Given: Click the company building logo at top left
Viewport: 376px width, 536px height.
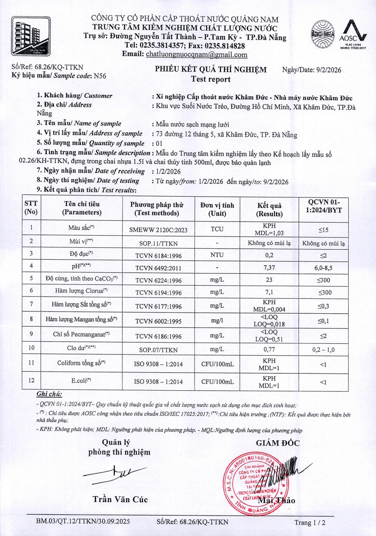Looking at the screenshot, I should (31, 36).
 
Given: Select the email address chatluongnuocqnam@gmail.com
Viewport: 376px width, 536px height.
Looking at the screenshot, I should (196, 55).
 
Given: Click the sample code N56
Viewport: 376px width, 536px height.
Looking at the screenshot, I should (100, 76).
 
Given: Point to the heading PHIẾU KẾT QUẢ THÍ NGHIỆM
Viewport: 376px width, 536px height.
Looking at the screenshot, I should (211, 69).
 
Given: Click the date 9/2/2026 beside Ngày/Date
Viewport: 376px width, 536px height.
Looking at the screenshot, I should (328, 70).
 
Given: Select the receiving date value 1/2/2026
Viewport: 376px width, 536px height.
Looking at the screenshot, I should (168, 172).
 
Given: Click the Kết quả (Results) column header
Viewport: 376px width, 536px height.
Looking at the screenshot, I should (269, 209).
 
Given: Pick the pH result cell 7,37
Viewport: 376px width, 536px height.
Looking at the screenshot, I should (269, 268).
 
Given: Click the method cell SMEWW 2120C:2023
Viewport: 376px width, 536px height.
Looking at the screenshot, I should (158, 230).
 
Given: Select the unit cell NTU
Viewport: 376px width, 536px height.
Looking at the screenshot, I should (217, 255).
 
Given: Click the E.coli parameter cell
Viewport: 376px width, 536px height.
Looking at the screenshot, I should (81, 381).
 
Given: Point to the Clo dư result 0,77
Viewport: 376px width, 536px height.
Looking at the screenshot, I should (269, 349).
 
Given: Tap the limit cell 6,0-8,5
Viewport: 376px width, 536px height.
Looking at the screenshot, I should (323, 268).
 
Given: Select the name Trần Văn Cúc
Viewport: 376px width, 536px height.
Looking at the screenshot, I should (120, 499).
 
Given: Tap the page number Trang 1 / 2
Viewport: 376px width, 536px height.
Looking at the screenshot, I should (310, 522).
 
